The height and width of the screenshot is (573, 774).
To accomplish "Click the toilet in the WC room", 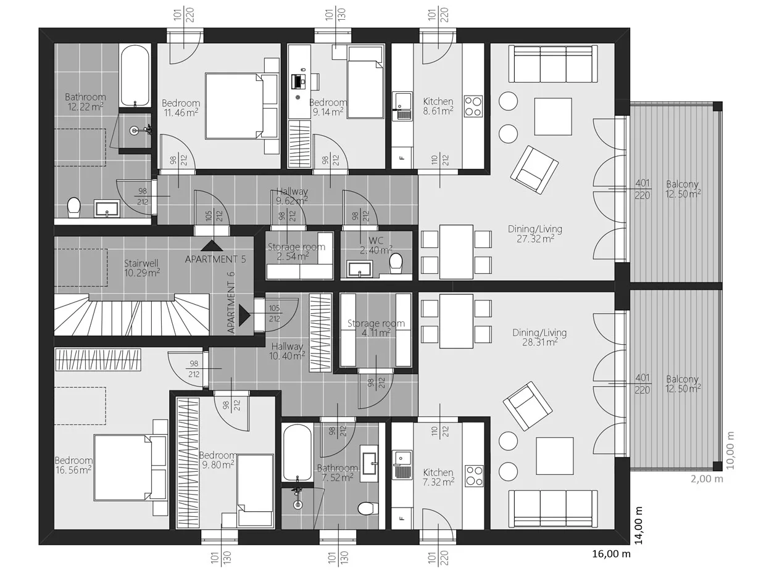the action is [396, 263].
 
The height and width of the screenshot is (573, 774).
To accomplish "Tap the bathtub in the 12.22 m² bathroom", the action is [135, 76].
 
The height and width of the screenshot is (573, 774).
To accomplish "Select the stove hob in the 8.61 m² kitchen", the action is [473, 106].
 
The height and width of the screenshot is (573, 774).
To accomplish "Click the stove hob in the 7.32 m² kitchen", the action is [474, 476].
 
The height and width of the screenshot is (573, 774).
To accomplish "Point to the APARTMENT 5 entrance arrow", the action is [212, 245].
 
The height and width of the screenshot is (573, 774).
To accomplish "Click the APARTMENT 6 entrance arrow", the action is [244, 315].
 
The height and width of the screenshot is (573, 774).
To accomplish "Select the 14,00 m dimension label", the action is [638, 526].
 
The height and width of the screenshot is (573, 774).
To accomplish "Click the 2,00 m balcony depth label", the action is [707, 479].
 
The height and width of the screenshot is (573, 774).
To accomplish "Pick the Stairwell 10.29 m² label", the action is [142, 268].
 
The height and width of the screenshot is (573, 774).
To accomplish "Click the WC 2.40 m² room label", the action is [376, 245].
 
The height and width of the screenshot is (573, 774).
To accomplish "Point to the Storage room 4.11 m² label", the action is [376, 328].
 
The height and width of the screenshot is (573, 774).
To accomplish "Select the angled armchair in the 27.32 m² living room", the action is [534, 170].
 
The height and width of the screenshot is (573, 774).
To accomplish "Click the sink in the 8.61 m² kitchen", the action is [402, 106].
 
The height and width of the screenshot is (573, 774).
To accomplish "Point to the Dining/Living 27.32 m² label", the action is [535, 234].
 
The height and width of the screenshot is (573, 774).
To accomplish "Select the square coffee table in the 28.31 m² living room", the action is [554, 456].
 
